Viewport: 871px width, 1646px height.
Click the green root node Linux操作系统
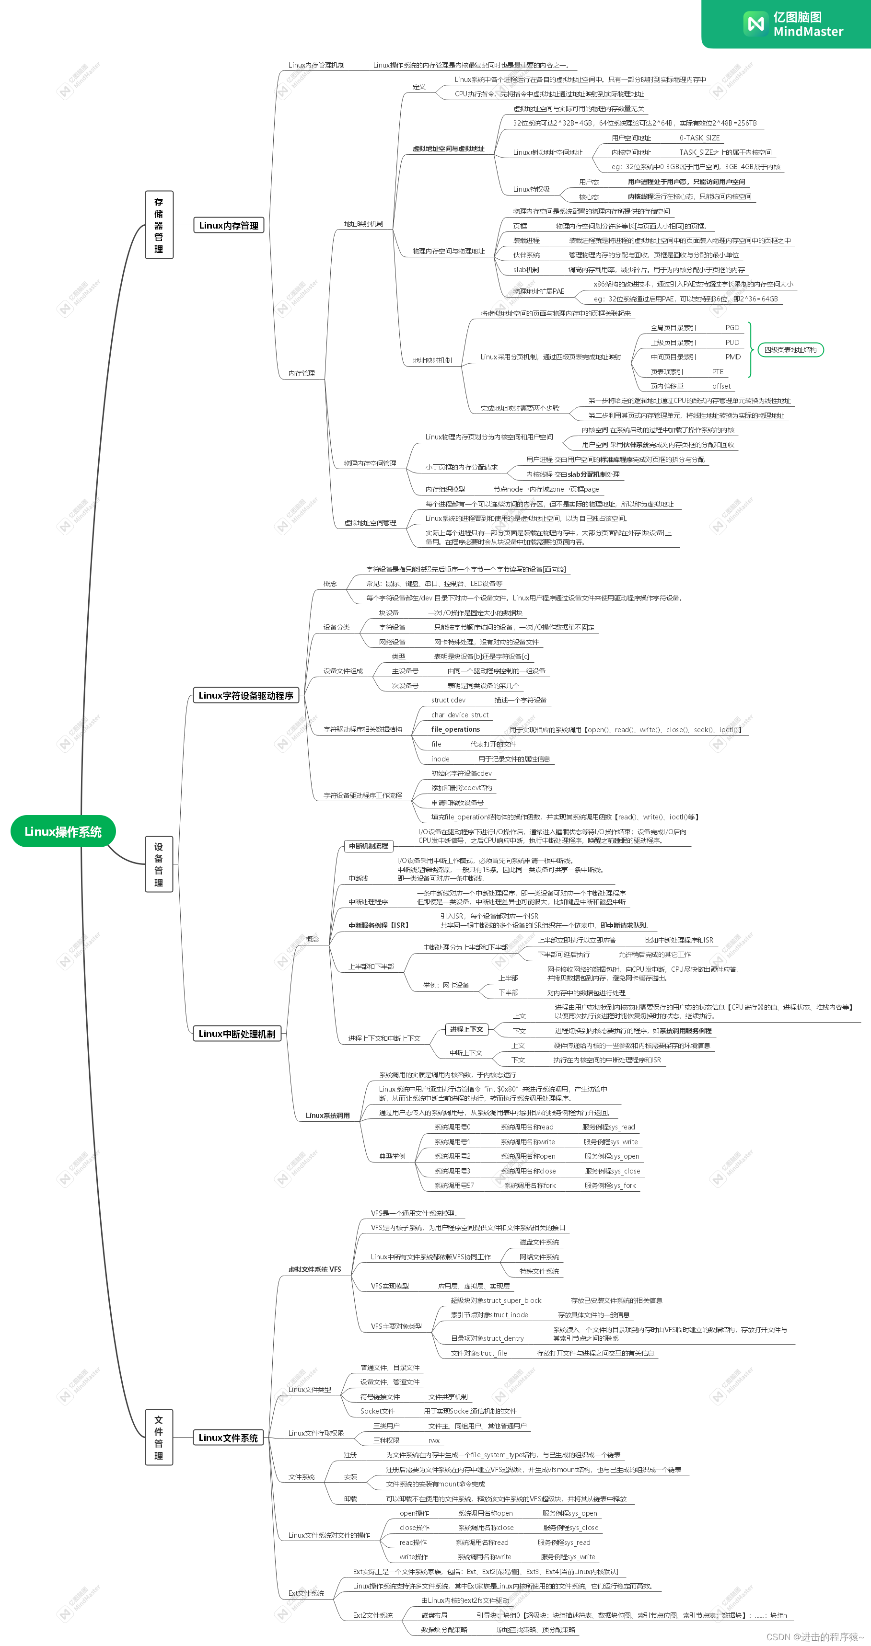pos(63,831)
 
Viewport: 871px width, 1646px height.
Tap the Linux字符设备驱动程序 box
pos(245,695)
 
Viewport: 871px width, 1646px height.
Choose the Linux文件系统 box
pos(228,1438)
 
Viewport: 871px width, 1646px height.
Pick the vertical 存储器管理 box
pos(159,225)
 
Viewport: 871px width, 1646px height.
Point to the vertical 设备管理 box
pos(159,864)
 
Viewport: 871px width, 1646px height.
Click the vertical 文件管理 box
pos(159,1437)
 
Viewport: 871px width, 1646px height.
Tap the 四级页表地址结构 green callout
pos(790,349)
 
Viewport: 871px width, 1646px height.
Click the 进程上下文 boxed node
pos(466,1029)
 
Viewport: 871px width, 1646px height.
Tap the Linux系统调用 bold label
pos(327,1115)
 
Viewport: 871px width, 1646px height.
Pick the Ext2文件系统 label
pos(372,1615)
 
